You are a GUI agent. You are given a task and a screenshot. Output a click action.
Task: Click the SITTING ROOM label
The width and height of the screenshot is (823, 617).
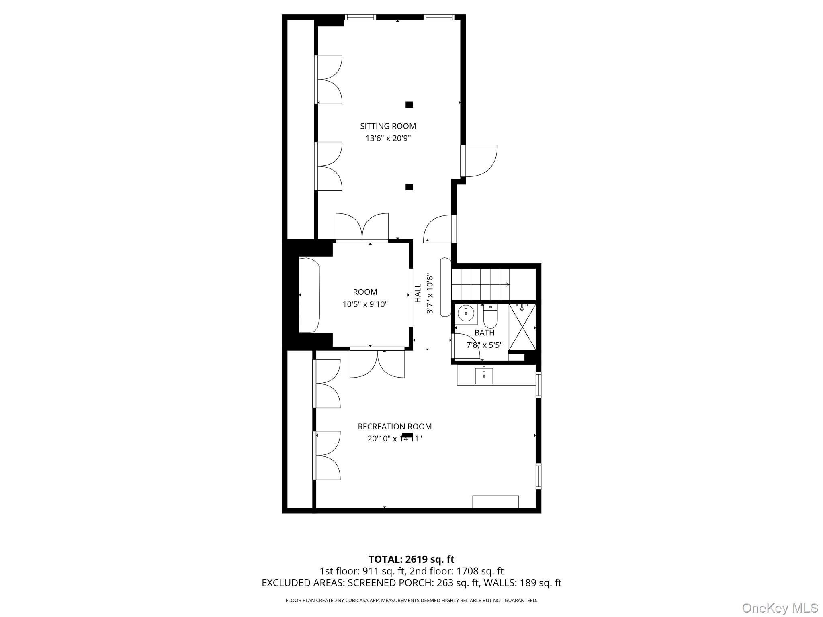(x=388, y=126)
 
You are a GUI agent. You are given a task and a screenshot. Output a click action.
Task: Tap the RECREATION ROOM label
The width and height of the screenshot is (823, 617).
(x=395, y=427)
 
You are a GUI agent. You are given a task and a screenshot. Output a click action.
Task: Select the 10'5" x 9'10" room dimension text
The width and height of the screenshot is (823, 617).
(x=365, y=304)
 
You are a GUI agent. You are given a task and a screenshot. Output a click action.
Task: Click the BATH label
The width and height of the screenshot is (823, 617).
(x=484, y=333)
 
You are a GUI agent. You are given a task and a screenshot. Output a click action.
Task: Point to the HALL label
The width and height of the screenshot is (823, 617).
(x=418, y=293)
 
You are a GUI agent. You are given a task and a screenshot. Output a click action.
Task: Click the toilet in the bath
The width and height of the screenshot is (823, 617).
(x=490, y=316)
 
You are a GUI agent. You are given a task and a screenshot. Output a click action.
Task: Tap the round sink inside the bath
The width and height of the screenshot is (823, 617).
(x=466, y=314)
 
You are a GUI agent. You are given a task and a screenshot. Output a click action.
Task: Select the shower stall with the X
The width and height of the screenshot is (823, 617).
(x=522, y=327)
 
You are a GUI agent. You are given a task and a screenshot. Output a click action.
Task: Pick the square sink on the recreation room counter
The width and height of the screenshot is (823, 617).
(x=484, y=376)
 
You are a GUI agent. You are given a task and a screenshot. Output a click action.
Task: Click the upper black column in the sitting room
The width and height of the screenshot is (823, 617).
(x=409, y=105)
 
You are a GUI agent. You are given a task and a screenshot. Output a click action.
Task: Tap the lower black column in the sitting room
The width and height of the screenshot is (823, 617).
(x=409, y=187)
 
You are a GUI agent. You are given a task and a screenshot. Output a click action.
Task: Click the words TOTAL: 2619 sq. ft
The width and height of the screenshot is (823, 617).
(x=411, y=559)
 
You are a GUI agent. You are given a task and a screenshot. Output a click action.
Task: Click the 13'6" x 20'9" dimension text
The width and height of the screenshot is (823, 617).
(x=388, y=139)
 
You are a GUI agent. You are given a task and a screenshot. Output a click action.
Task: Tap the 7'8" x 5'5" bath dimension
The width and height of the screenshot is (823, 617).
(x=484, y=345)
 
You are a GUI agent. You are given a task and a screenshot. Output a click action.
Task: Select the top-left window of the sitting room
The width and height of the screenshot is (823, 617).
(x=360, y=17)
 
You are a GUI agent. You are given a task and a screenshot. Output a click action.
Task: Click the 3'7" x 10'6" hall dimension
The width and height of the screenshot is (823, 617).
(x=430, y=294)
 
